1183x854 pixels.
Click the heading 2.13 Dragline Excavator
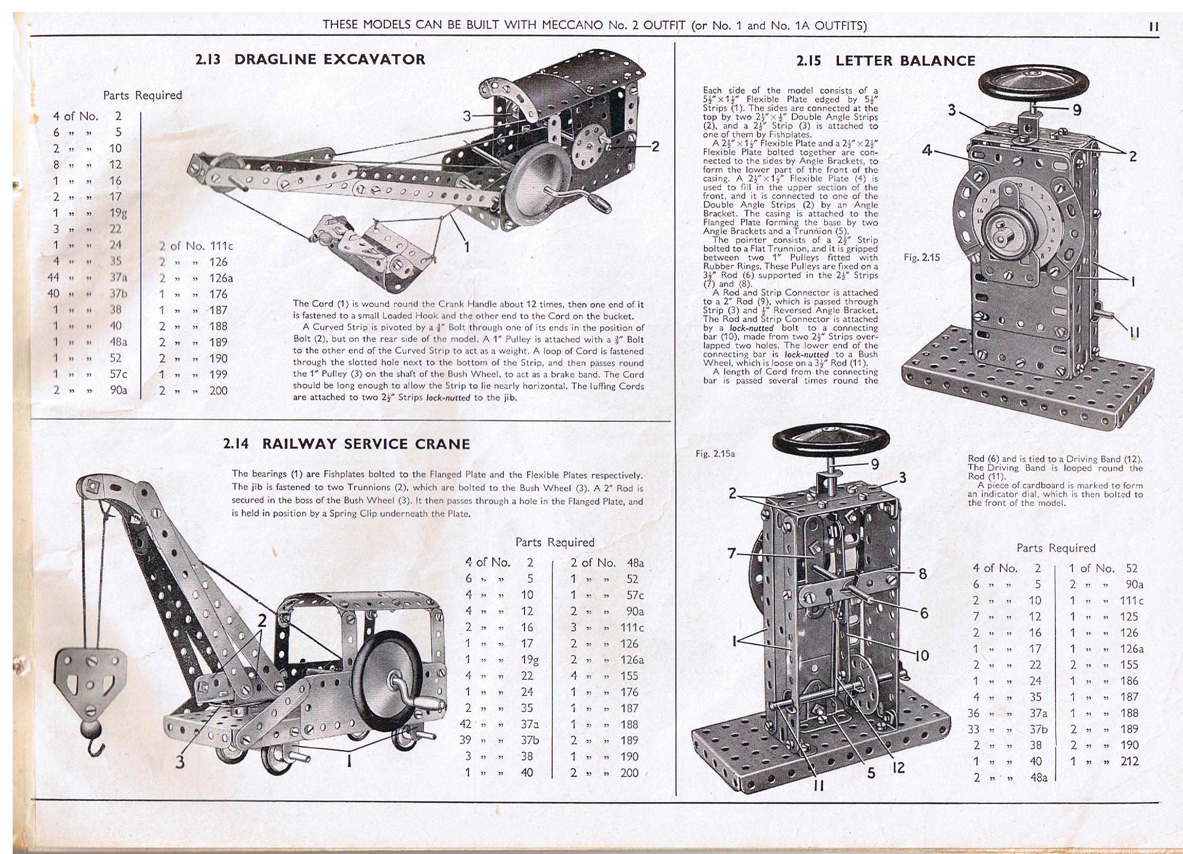coord(310,59)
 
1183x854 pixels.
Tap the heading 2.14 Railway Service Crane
coord(346,444)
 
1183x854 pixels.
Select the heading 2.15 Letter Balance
coord(886,61)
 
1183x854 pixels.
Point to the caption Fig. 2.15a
coord(715,454)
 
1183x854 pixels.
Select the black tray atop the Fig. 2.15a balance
coord(831,440)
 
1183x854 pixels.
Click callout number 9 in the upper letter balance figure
coord(1077,110)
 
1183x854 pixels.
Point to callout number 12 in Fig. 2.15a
coord(899,768)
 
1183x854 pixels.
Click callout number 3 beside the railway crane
coord(180,762)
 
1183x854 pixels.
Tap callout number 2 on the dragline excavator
coord(655,146)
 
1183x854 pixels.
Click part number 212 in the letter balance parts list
coord(1129,761)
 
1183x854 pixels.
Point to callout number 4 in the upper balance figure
coord(927,150)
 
